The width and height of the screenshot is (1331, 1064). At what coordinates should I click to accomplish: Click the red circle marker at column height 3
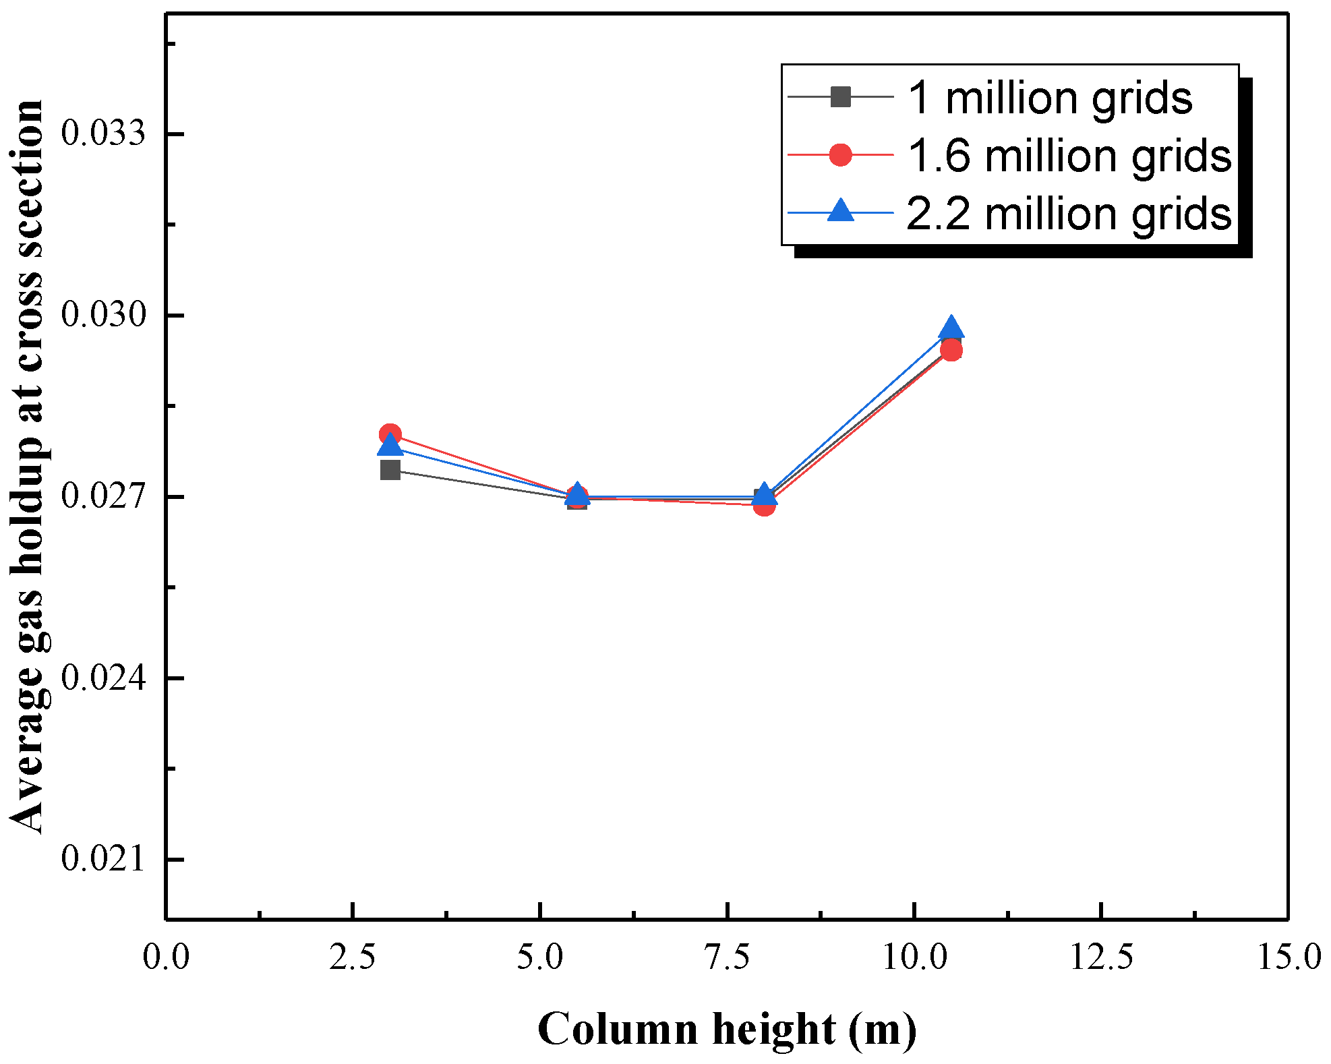[x=390, y=434]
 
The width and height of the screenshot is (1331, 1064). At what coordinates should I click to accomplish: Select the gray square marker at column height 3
[x=390, y=470]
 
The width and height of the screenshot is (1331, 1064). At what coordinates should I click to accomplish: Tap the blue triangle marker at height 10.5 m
[x=951, y=328]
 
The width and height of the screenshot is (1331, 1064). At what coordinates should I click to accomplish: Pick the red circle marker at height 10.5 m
[x=951, y=350]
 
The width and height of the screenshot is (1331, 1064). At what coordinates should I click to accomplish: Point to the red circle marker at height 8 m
[x=764, y=504]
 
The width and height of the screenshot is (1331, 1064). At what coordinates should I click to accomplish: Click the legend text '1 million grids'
[x=1049, y=98]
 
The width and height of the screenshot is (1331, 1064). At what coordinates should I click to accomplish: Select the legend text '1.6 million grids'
[x=1069, y=156]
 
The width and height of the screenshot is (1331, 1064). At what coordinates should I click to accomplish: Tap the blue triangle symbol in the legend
[x=840, y=211]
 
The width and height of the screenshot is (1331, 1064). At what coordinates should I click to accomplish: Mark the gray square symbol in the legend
[x=840, y=97]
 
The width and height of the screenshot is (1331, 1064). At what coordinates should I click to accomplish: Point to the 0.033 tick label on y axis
[x=103, y=133]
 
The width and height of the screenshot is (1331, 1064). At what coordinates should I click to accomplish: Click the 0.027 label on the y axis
[x=103, y=496]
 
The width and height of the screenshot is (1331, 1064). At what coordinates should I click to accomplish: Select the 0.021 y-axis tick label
[x=103, y=859]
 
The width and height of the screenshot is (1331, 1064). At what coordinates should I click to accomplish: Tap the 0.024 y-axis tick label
[x=103, y=678]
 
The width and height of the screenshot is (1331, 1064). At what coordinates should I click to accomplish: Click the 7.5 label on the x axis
[x=727, y=957]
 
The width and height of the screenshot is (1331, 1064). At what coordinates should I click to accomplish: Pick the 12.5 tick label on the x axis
[x=1101, y=957]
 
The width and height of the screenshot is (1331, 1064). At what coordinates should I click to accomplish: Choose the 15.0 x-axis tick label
[x=1288, y=957]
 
